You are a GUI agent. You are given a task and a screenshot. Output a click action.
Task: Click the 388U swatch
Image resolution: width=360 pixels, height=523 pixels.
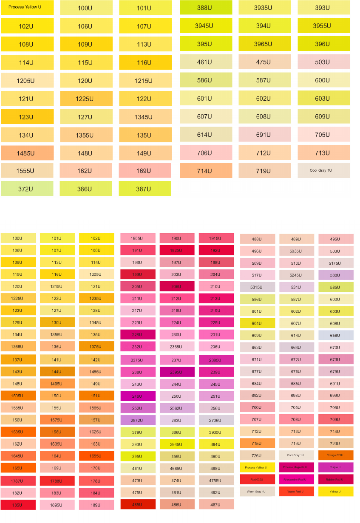tap(206, 8)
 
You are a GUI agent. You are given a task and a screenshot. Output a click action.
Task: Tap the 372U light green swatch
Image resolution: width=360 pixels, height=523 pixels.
tap(27, 189)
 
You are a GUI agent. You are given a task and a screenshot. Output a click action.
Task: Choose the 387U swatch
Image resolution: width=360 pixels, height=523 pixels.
tap(145, 189)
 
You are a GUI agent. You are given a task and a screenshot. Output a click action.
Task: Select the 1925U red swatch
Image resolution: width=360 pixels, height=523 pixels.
tap(177, 250)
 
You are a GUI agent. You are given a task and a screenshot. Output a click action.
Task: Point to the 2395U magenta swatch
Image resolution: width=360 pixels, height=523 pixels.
tap(177, 372)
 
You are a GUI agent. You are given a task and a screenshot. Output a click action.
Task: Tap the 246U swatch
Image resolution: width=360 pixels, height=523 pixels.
tap(138, 396)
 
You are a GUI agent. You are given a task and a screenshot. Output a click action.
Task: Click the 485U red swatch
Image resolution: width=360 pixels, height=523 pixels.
tap(138, 504)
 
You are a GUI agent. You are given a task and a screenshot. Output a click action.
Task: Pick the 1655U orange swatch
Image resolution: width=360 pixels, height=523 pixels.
tap(96, 456)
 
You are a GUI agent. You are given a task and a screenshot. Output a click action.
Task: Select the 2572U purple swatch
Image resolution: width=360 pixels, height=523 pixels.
tap(138, 420)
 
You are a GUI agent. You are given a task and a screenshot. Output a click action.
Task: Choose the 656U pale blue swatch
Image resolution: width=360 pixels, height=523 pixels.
tap(336, 335)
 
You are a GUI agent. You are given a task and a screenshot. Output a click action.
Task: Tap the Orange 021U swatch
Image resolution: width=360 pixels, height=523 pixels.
tap(336, 455)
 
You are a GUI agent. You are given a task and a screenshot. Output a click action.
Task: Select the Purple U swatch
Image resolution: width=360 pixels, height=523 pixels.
tap(336, 467)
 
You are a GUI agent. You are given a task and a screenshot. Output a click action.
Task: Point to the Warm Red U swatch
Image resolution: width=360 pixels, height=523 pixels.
tap(297, 492)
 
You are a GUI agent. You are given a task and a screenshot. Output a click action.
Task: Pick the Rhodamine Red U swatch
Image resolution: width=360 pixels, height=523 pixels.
tap(297, 480)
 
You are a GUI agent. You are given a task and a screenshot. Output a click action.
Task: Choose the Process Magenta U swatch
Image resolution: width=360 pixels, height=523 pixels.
tap(297, 467)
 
